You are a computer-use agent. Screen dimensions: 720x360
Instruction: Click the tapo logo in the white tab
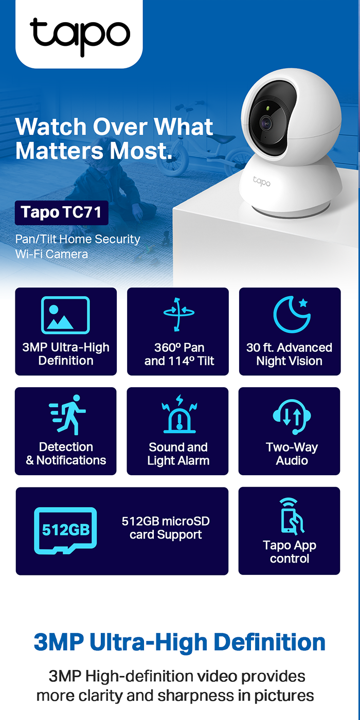80,35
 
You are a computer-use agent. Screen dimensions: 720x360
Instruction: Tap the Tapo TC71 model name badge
61,212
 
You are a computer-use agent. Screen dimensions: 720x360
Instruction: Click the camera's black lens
266,123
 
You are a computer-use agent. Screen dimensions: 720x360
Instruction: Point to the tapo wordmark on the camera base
261,181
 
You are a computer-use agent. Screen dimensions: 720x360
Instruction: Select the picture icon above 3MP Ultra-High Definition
65,315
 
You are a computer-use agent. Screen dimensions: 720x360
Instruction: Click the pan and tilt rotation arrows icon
178,314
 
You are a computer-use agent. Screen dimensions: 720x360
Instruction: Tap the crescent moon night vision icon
291,314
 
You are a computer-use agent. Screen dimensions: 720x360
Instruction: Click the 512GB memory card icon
65,530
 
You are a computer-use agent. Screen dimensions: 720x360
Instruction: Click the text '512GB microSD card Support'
166,528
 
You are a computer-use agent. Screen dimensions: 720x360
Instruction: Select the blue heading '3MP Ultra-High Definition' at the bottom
180,642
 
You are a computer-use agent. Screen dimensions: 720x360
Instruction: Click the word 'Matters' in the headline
56,151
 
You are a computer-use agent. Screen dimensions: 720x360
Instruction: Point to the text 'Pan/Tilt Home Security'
78,239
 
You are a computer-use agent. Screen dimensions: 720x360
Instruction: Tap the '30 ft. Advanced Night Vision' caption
290,354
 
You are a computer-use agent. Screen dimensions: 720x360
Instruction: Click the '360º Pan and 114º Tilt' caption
178,354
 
